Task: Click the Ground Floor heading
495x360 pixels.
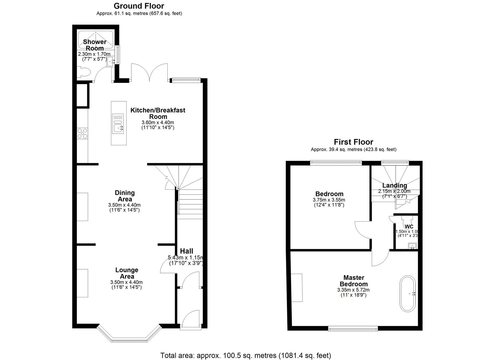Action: tap(139, 6)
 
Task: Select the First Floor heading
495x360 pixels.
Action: tap(353, 142)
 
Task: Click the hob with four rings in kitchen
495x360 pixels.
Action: tap(82, 133)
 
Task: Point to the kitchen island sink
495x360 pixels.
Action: tap(118, 128)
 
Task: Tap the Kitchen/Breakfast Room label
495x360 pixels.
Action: tap(158, 113)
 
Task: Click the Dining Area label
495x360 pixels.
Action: tap(125, 196)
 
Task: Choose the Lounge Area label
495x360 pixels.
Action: tap(127, 273)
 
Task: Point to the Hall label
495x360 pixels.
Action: tap(186, 251)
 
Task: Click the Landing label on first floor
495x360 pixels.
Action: tap(394, 185)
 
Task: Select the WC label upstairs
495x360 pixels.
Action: tap(409, 227)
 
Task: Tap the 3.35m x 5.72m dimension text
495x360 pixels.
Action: tap(353, 290)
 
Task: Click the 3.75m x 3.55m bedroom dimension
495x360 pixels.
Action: tap(329, 200)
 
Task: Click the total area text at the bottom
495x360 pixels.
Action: tap(246, 355)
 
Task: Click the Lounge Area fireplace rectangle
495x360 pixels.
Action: tap(83, 283)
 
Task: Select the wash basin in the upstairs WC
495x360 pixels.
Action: tap(412, 246)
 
